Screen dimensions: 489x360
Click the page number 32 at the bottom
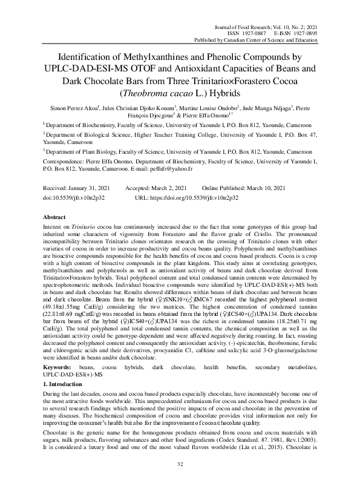180,463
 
